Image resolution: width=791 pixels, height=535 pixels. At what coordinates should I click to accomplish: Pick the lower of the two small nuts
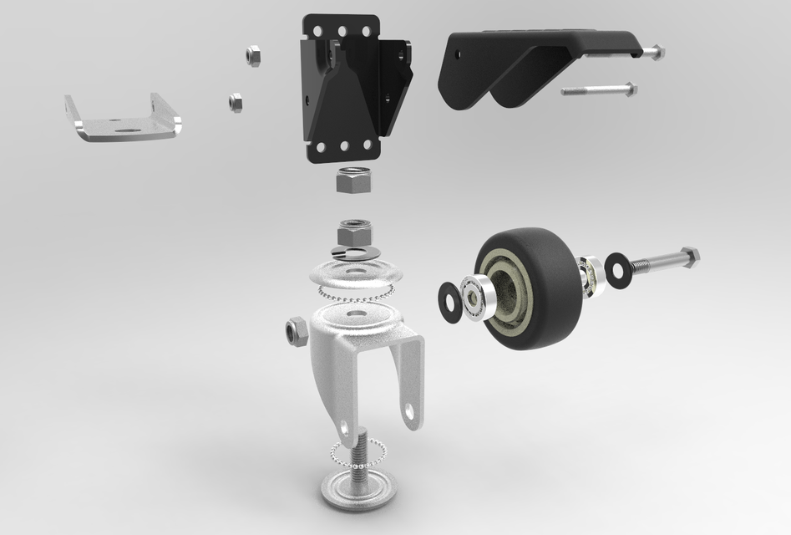tap(235, 102)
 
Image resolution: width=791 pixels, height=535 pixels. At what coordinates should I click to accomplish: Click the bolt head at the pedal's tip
tap(657, 52)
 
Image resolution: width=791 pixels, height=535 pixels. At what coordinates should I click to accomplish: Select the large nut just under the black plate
tap(352, 179)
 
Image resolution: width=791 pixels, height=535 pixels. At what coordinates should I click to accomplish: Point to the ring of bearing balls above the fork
tap(355, 292)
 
